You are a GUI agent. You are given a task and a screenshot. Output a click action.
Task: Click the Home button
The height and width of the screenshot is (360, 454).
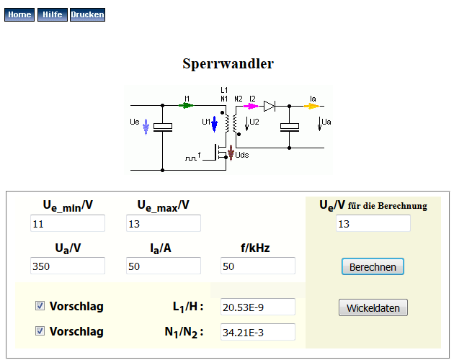coord(19,14)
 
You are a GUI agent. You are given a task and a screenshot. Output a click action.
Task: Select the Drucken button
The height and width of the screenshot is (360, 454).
coord(87,14)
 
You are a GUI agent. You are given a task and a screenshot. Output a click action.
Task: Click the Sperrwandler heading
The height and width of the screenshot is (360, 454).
coord(228,63)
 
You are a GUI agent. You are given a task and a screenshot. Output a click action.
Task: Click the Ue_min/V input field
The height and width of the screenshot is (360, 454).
coord(68,223)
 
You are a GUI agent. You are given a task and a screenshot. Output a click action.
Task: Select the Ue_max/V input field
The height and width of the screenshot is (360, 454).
coord(164,223)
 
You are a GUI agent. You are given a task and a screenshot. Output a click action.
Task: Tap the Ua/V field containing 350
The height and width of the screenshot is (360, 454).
coord(68,266)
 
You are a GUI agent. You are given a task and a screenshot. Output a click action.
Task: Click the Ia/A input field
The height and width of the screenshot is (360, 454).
coord(164,266)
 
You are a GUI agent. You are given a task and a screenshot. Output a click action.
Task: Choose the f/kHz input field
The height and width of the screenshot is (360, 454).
coord(258,266)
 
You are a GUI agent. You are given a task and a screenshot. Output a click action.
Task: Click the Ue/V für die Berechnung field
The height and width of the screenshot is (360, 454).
coord(373,223)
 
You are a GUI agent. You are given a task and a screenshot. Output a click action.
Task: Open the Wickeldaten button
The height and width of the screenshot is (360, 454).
coord(373,308)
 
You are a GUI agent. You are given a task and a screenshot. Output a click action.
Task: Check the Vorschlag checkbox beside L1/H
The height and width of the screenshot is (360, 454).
coord(40,306)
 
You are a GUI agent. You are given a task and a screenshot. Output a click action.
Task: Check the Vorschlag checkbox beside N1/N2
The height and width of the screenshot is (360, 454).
coord(40,331)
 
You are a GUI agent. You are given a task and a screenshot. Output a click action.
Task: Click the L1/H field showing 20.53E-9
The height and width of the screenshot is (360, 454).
coord(258,307)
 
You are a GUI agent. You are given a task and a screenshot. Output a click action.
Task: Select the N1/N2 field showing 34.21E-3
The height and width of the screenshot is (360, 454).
coord(258,332)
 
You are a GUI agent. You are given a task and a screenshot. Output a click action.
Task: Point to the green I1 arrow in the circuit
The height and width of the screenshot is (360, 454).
coord(187,105)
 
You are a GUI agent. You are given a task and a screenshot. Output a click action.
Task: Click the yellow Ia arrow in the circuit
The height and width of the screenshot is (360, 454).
coord(311,105)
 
